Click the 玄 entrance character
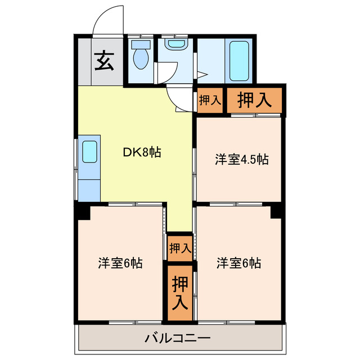pos(105,61)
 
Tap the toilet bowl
pos(141,58)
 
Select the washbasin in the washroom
pos(176,43)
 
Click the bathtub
pos(239,61)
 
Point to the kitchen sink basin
pos(89,151)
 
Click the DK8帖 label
pos(142,152)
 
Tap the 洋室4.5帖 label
pos(242,159)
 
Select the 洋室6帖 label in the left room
pos(120,263)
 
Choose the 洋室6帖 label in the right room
pos(238,263)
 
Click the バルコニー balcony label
pos(178,338)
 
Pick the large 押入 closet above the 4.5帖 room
pos(254,100)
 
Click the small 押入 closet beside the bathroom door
pos(210,100)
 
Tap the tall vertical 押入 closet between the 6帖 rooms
pos(180,293)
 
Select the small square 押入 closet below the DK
pos(180,249)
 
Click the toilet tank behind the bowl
pos(141,44)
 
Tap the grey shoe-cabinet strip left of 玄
pos(85,61)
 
